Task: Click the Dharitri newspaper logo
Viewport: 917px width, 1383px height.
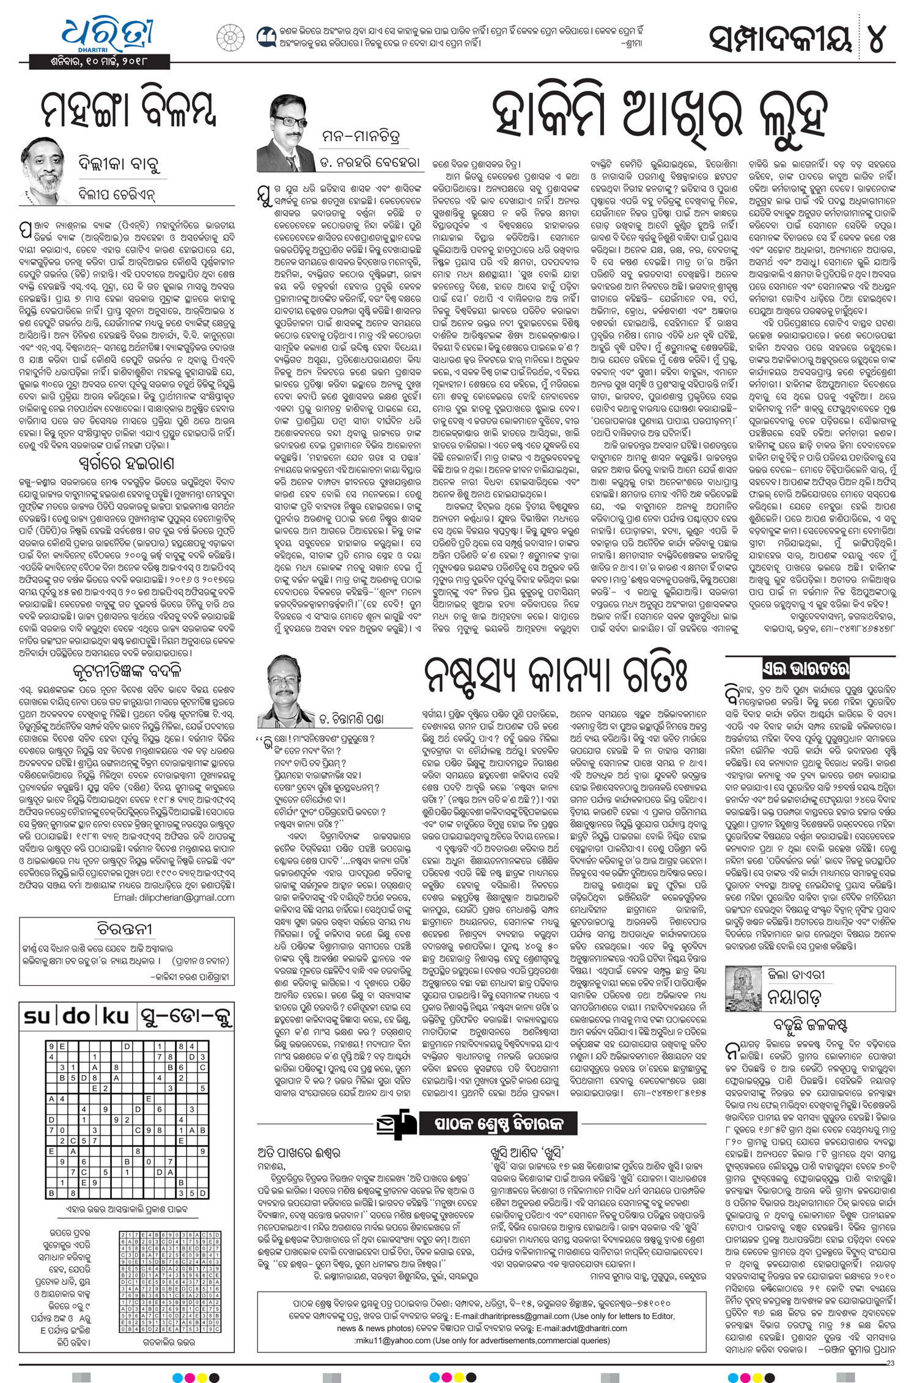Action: pyautogui.click(x=107, y=35)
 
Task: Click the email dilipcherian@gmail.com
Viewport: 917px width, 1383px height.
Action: pyautogui.click(x=174, y=897)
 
